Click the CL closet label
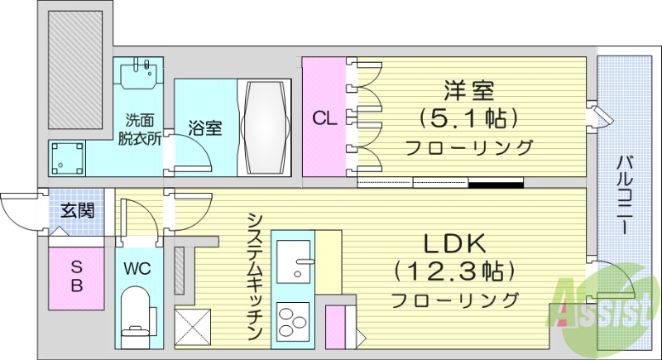coord(324,118)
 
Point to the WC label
coord(137,269)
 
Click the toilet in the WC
coord(136,314)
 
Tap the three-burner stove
coord(292,321)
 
